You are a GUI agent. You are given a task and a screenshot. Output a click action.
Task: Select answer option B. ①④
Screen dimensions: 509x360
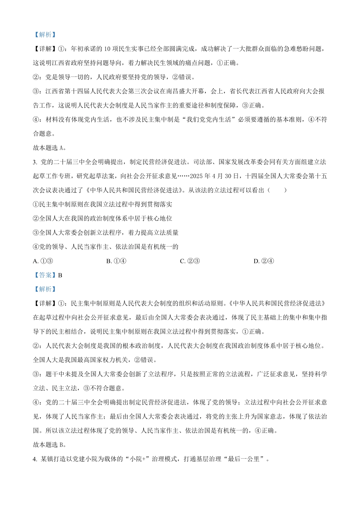point(116,261)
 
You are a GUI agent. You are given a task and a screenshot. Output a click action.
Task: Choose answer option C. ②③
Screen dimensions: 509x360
point(189,261)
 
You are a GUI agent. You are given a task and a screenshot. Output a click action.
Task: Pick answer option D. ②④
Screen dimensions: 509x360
point(263,261)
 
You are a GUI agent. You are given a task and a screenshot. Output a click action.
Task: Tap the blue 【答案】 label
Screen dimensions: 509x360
point(45,275)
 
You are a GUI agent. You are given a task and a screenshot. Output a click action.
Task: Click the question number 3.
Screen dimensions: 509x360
point(35,162)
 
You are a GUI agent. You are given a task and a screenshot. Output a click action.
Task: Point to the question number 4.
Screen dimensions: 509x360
point(35,459)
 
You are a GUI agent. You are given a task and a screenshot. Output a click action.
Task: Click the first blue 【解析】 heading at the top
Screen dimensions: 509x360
point(45,34)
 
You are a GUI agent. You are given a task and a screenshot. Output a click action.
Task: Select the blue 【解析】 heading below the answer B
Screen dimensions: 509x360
point(45,289)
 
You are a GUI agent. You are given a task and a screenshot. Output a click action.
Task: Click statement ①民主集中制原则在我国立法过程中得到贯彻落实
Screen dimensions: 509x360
point(103,205)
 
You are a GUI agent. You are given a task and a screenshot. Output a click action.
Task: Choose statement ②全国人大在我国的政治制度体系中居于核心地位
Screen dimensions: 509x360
point(103,219)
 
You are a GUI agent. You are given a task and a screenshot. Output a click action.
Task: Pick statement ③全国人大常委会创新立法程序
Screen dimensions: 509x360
point(106,233)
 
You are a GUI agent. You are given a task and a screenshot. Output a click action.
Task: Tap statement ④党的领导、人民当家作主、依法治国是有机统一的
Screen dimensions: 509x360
point(106,247)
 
